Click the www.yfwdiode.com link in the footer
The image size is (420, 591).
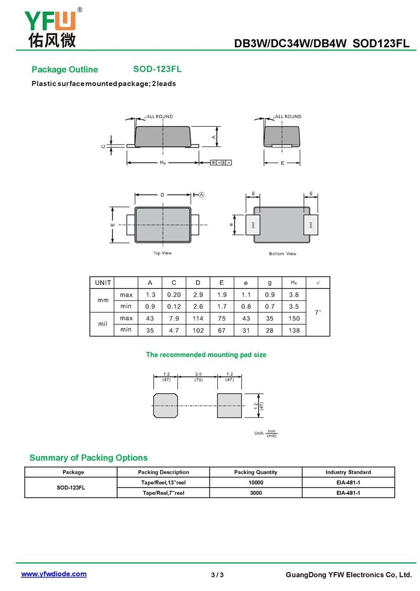pyautogui.click(x=54, y=574)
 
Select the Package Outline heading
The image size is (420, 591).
pyautogui.click(x=65, y=70)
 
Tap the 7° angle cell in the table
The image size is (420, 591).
pyautogui.click(x=318, y=312)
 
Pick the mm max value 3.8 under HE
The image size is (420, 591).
pyautogui.click(x=294, y=295)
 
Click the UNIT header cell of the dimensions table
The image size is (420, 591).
pyautogui.click(x=103, y=283)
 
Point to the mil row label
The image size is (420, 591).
pyautogui.click(x=103, y=324)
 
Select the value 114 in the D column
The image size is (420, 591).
pyautogui.click(x=197, y=319)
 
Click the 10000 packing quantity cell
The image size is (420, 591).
pyautogui.click(x=256, y=482)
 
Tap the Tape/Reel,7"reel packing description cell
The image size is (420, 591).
pyautogui.click(x=163, y=493)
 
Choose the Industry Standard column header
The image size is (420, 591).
pyautogui.click(x=348, y=472)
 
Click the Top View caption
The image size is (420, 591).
pyautogui.click(x=162, y=253)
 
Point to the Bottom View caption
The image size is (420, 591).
pyautogui.click(x=282, y=254)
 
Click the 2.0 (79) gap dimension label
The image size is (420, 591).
pyautogui.click(x=198, y=377)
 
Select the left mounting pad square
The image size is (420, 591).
pyautogui.click(x=165, y=405)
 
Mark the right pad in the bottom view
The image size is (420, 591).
pyautogui.click(x=311, y=225)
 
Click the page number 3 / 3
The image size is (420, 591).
pyautogui.click(x=217, y=575)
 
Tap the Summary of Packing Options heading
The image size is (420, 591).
pyautogui.click(x=88, y=458)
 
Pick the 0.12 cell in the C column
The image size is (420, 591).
pyautogui.click(x=174, y=307)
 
